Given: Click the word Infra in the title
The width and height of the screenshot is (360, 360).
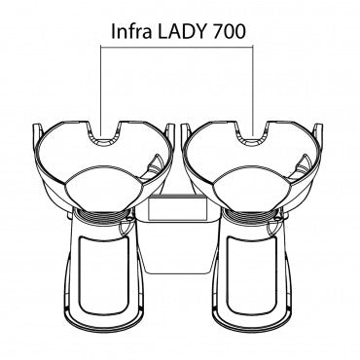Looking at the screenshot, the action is pyautogui.click(x=130, y=31).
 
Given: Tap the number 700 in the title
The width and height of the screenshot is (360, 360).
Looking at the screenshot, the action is pyautogui.click(x=230, y=31).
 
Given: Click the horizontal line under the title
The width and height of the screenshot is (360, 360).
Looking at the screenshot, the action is pyautogui.click(x=177, y=47).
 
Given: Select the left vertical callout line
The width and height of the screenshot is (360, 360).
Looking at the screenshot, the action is pyautogui.click(x=101, y=91).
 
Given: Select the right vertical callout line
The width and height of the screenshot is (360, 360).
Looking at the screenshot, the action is pyautogui.click(x=253, y=91).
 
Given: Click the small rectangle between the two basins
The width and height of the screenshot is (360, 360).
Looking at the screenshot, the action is pyautogui.click(x=177, y=209).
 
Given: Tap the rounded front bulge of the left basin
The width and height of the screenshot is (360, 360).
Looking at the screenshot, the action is pyautogui.click(x=104, y=188).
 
